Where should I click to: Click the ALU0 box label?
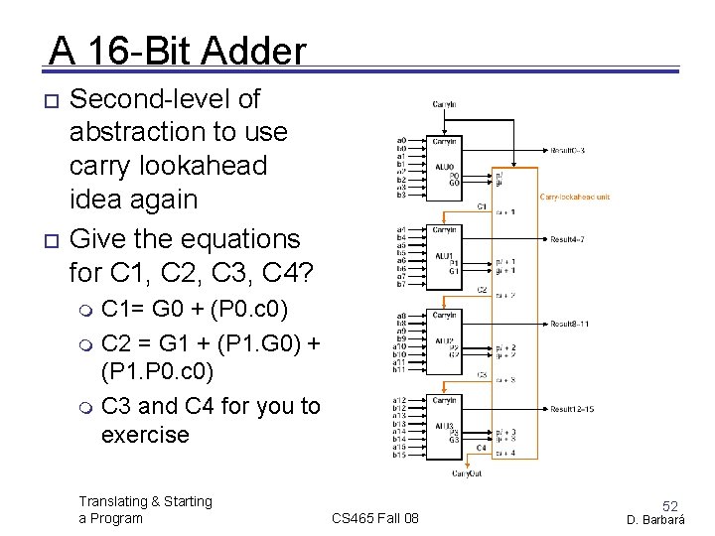tap(444, 166)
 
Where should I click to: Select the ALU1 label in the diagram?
tap(444, 255)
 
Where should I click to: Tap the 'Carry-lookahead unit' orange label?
tap(575, 197)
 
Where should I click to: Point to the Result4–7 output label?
tap(568, 239)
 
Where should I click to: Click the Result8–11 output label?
tap(570, 324)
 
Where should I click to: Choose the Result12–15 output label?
tap(572, 409)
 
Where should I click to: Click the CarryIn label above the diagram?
tap(444, 103)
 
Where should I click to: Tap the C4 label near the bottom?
tap(482, 448)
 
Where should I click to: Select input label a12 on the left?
tap(401, 399)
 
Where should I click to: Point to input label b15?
tap(401, 455)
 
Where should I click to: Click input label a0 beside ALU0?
tap(401, 140)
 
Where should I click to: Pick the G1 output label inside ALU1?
tap(454, 271)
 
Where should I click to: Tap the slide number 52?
tap(670, 505)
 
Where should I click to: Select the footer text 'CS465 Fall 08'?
tap(375, 518)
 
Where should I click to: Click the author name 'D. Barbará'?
tap(660, 519)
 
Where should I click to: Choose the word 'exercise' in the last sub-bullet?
tap(145, 434)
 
